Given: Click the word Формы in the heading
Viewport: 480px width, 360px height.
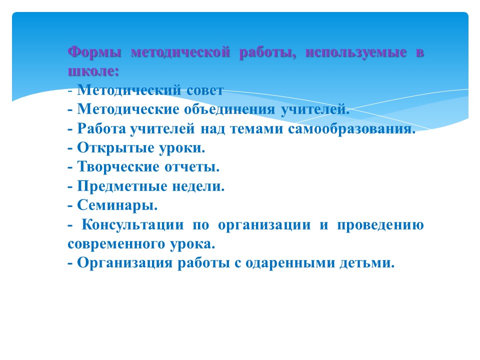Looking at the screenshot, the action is click(x=94, y=52).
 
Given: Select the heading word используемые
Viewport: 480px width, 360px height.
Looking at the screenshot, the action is click(x=356, y=52).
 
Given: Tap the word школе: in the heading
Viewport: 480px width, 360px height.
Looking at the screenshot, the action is click(x=93, y=71).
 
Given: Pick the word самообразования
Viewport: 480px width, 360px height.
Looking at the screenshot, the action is click(x=351, y=128).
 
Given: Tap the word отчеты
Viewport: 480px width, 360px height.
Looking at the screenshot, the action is click(x=192, y=167).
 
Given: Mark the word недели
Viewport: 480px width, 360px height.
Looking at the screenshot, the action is click(x=198, y=186).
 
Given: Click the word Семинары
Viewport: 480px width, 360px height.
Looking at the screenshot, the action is click(x=117, y=205).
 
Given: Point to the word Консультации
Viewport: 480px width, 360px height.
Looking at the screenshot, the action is click(x=133, y=225).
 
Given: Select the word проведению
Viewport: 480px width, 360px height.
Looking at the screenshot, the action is click(x=380, y=225).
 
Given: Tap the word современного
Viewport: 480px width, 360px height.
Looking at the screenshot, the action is click(x=116, y=244).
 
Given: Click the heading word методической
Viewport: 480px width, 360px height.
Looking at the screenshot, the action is click(x=180, y=52).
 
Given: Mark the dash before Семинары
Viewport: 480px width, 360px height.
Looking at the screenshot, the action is click(x=70, y=205).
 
